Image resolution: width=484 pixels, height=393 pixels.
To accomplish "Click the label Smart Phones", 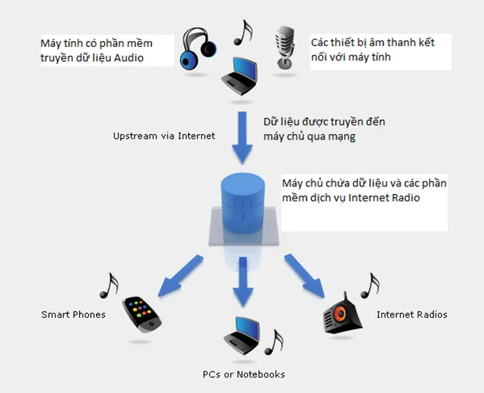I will click(x=73, y=315).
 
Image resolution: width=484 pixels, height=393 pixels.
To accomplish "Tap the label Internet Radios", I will click(x=412, y=315).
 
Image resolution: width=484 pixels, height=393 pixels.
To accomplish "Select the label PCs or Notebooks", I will click(x=243, y=374).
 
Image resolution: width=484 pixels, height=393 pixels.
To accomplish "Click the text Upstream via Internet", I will click(x=164, y=136).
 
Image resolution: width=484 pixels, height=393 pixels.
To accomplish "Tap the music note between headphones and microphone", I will click(x=242, y=31).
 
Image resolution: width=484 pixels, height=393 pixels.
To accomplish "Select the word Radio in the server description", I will click(x=404, y=198).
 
